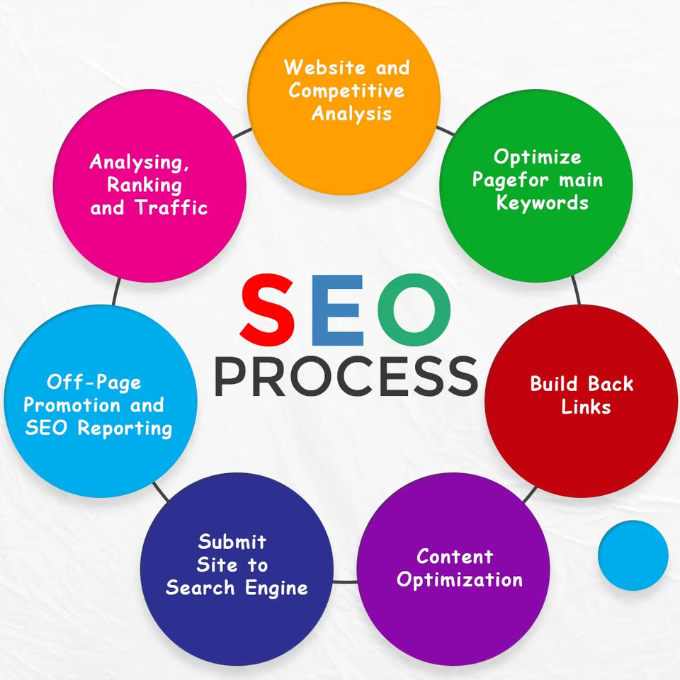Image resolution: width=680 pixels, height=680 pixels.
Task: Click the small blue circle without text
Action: tap(633, 555)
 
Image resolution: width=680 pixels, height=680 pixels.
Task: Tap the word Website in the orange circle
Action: tap(317, 68)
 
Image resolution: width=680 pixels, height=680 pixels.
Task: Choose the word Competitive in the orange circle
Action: tap(347, 91)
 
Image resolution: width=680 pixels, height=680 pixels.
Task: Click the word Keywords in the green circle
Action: tap(542, 203)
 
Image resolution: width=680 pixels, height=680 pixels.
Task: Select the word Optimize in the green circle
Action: tap(537, 157)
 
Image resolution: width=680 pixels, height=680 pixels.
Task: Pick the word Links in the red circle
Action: tap(586, 407)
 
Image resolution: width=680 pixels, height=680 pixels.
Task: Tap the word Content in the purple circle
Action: tap(454, 557)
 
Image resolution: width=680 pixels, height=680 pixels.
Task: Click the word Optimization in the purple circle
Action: tap(460, 579)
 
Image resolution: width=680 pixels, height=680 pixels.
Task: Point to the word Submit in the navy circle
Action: tap(232, 543)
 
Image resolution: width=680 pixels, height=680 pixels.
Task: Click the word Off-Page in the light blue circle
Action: tap(93, 382)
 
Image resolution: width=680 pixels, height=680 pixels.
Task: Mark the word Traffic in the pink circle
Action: tap(173, 208)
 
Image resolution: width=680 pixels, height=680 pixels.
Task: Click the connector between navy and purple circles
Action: tap(345, 582)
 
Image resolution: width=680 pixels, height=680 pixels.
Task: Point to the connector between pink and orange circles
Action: tap(242, 132)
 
